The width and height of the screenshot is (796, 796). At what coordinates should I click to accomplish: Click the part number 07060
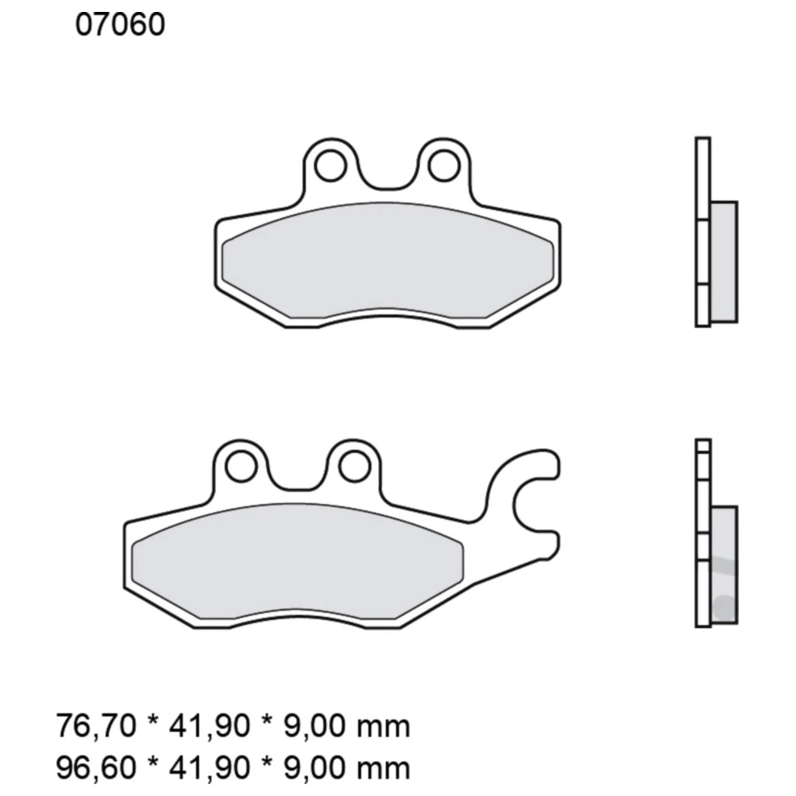(120, 25)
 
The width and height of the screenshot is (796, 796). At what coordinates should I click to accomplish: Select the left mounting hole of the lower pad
(237, 466)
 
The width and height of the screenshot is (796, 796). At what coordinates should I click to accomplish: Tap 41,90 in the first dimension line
(205, 726)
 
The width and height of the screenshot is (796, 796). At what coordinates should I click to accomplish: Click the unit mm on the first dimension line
(385, 726)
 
